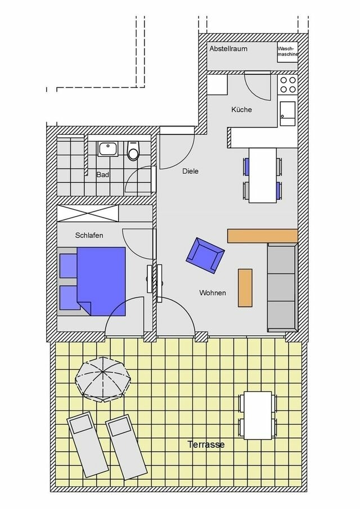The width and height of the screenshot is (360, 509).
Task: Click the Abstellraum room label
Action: pyautogui.click(x=228, y=49)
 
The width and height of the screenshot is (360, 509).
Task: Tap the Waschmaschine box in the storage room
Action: pyautogui.click(x=287, y=51)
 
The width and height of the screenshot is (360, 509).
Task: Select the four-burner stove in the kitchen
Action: pyautogui.click(x=288, y=84)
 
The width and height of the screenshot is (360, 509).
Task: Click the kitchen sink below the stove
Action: pyautogui.click(x=288, y=112)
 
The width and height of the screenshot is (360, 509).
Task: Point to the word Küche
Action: pyautogui.click(x=241, y=110)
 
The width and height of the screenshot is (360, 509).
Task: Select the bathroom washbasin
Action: pyautogui.click(x=107, y=148)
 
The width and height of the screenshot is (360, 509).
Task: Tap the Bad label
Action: pyautogui.click(x=102, y=175)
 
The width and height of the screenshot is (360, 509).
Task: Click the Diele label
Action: pyautogui.click(x=190, y=171)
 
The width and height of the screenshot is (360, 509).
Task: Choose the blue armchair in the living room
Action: pyautogui.click(x=205, y=255)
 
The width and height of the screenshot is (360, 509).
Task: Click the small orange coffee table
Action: pyautogui.click(x=245, y=287)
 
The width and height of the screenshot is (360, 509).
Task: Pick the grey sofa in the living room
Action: pyautogui.click(x=281, y=287)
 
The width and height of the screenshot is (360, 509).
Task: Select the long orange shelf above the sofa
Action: pyautogui.click(x=262, y=236)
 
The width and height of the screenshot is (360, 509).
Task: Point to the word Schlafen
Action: pyautogui.click(x=89, y=236)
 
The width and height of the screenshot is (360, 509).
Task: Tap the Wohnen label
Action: pyautogui.click(x=213, y=293)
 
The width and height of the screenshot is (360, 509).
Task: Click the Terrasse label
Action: pyautogui.click(x=206, y=445)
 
